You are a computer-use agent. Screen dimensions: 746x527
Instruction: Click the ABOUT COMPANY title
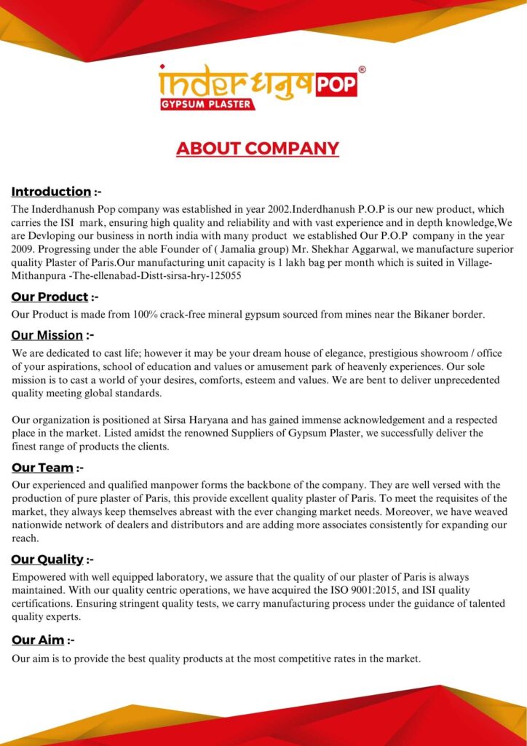(258, 149)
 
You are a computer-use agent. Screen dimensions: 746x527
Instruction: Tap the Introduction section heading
(51, 192)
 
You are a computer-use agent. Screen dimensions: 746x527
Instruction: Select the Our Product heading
(49, 297)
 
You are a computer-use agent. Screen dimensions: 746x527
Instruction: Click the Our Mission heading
(47, 336)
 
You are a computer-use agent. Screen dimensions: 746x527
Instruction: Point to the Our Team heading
(42, 468)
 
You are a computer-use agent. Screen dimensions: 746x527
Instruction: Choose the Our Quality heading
(47, 559)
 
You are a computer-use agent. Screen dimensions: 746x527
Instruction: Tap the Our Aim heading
(38, 640)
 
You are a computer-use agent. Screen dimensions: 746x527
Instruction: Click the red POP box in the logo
(336, 85)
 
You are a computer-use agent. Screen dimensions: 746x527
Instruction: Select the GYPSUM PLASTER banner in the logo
(207, 104)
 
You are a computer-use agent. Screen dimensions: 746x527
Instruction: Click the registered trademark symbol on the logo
(362, 69)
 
